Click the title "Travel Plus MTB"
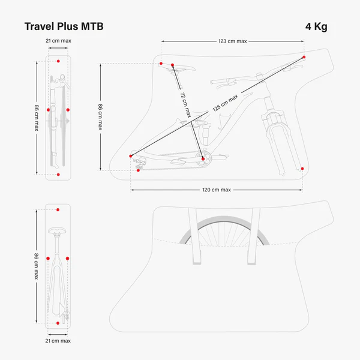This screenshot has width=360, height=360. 64,27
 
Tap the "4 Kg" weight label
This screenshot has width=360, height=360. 316,27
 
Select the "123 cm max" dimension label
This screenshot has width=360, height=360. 232,41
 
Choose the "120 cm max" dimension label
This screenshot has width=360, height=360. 217,190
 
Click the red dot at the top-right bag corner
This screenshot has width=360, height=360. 304,57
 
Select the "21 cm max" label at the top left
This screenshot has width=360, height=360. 58,40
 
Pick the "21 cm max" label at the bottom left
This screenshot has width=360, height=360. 58,340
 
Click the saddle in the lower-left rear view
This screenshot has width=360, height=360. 58,229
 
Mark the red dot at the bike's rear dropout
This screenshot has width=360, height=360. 131,156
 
